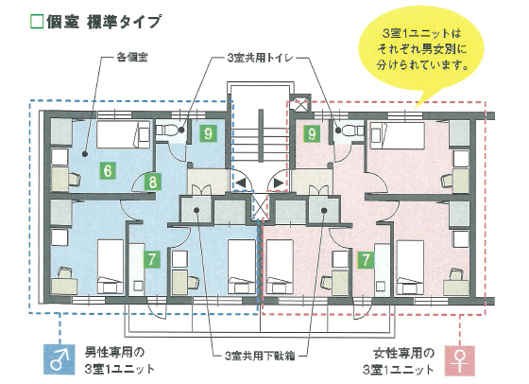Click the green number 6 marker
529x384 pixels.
(x=108, y=170)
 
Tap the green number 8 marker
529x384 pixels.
(x=152, y=182)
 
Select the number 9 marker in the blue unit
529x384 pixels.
(x=208, y=133)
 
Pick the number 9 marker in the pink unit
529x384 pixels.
(x=312, y=133)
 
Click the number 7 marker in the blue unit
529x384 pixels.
(x=151, y=259)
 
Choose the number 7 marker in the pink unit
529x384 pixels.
(x=366, y=259)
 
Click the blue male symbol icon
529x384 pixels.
(x=60, y=359)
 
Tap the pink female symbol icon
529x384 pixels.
(x=459, y=360)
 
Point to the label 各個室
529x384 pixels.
(x=132, y=58)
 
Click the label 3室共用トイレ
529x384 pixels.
(x=260, y=58)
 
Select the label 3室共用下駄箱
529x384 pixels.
(x=260, y=356)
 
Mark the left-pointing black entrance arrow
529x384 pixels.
(x=241, y=183)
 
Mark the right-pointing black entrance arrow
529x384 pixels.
(x=279, y=183)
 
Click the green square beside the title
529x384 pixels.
(x=37, y=22)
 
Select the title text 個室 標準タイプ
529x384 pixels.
(x=103, y=22)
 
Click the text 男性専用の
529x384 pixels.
(x=114, y=353)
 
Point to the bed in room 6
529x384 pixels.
(x=124, y=134)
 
